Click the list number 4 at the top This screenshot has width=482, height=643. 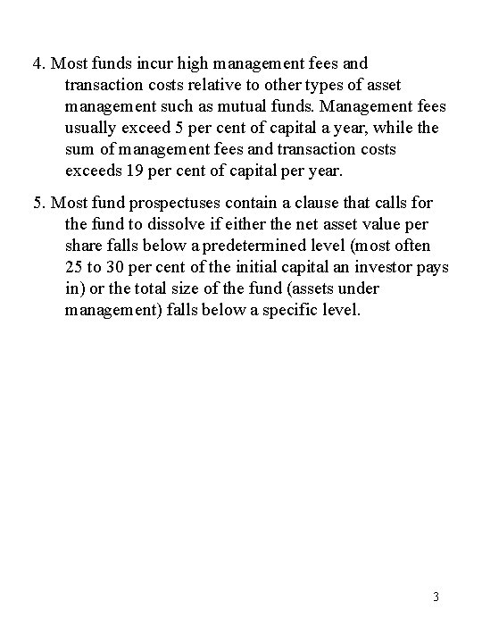[37, 64]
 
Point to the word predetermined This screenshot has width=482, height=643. [306, 246]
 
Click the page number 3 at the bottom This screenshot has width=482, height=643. [435, 597]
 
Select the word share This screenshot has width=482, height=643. [86, 246]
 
